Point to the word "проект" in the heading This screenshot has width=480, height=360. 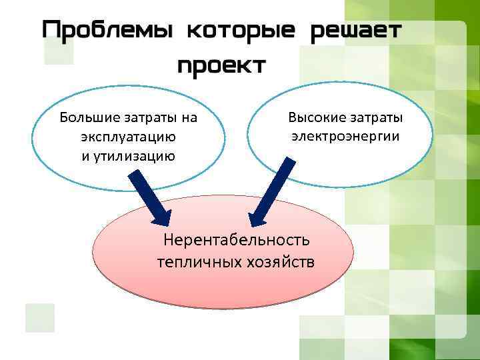point(223,65)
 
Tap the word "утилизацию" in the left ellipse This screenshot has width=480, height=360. point(137,157)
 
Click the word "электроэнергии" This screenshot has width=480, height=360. point(345,137)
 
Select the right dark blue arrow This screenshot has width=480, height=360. point(271,194)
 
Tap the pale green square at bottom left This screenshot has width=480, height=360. point(39,318)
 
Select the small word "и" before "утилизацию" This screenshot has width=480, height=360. point(84,157)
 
